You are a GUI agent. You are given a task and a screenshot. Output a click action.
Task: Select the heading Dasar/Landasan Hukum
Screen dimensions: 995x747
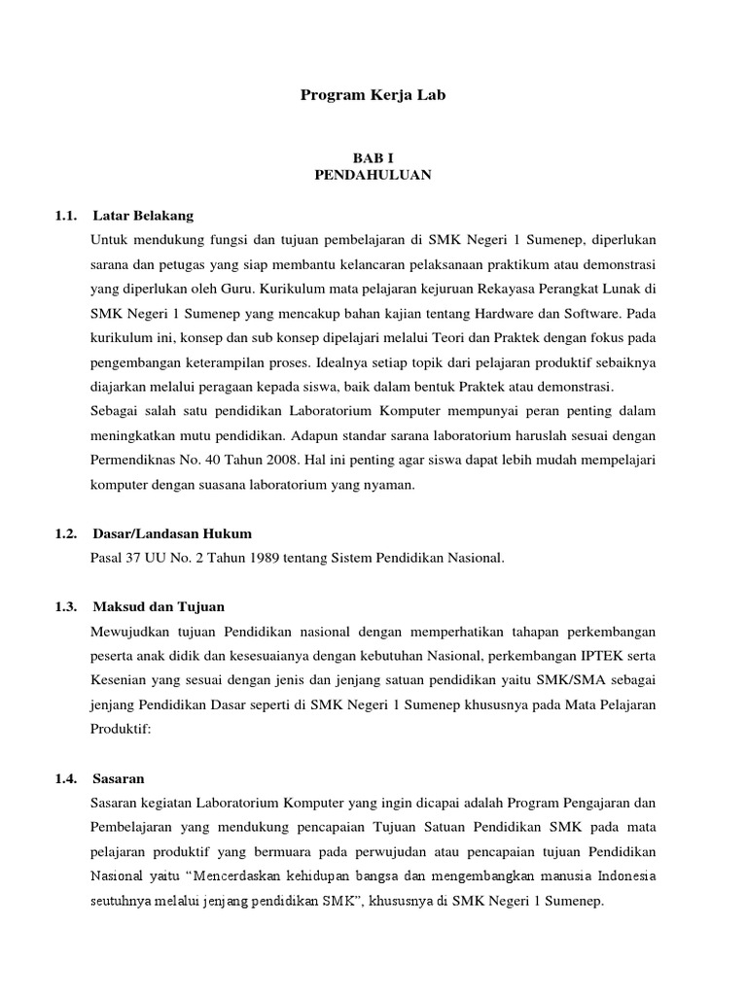[172, 533]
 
